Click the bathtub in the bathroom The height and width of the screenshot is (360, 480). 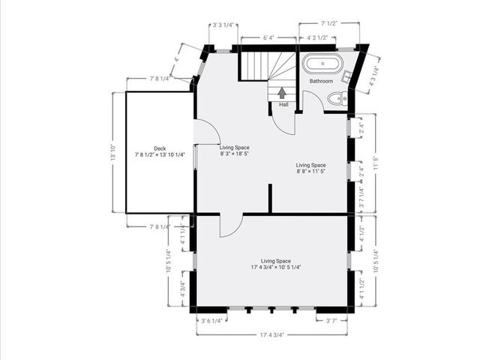(x=323, y=64)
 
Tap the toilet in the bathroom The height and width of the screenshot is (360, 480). (x=337, y=98)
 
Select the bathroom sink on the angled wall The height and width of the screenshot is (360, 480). (x=350, y=75)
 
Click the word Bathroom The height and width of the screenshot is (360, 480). (x=321, y=81)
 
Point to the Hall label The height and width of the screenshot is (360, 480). (x=283, y=105)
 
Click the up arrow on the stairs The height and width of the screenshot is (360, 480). (x=282, y=92)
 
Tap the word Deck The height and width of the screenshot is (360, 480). (x=160, y=148)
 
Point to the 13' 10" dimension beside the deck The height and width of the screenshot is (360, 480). (x=113, y=153)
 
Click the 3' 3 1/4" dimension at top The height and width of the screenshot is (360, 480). (x=223, y=25)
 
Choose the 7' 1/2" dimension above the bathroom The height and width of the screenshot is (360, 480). (x=329, y=24)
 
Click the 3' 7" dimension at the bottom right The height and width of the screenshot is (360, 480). (x=331, y=321)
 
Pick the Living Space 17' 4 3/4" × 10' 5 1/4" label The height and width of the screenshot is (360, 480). (x=271, y=263)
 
